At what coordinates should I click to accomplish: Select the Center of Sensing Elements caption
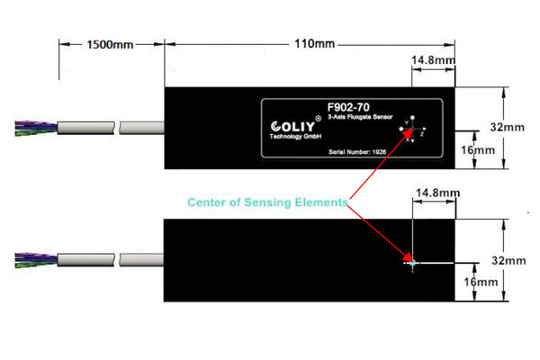266,203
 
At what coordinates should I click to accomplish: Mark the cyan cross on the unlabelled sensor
412,263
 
